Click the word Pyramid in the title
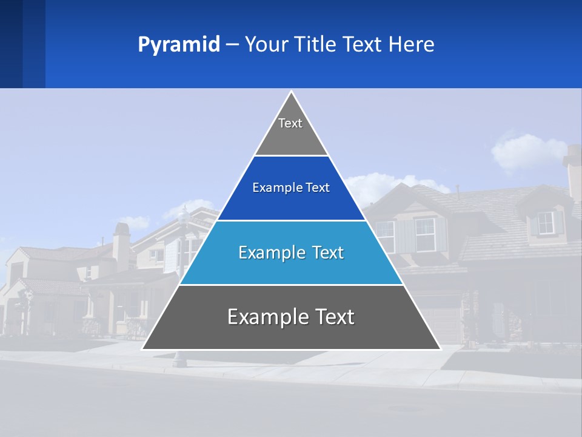pyautogui.click(x=179, y=45)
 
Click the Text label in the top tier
pyautogui.click(x=290, y=123)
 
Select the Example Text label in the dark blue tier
pyautogui.click(x=291, y=188)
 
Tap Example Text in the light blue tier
pyautogui.click(x=291, y=252)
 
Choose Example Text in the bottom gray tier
pyautogui.click(x=291, y=317)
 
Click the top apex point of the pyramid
pyautogui.click(x=291, y=92)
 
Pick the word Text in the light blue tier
pyautogui.click(x=325, y=252)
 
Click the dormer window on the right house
pyautogui.click(x=546, y=223)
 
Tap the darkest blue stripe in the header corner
pyautogui.click(x=11, y=44)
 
